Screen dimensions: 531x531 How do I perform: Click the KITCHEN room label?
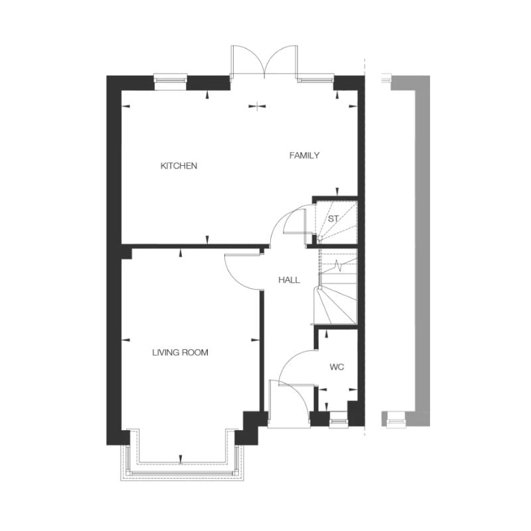(179, 165)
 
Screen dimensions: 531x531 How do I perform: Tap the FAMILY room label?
(304, 155)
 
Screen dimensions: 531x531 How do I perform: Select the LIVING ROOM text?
(180, 352)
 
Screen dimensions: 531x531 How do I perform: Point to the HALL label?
(289, 279)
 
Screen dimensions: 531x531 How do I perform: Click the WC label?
(337, 367)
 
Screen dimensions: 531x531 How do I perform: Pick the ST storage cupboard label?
(333, 219)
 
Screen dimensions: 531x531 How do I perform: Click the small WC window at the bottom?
(338, 421)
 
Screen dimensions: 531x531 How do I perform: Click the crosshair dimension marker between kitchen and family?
(257, 106)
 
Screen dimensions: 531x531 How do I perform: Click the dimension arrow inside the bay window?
(181, 458)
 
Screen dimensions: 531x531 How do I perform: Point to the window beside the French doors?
(316, 80)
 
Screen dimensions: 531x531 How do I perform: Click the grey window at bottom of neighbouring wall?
(396, 421)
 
